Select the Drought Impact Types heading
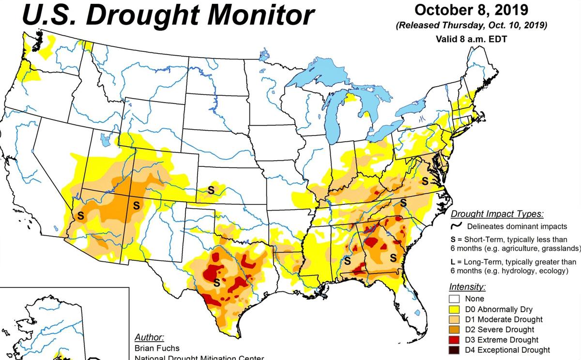coord(497,214)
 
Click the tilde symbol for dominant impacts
coord(455,226)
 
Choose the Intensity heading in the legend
coord(467,287)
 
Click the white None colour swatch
coord(455,299)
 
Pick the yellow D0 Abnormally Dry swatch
coord(455,309)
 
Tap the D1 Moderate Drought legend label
coord(504,319)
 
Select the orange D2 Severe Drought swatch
coord(455,330)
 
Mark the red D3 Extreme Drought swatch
coord(455,340)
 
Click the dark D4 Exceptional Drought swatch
coord(455,350)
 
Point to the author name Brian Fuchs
coord(157,348)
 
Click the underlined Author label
coord(149,337)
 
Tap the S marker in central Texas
coord(217,282)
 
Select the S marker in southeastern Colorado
coord(211,189)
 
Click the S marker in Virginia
coord(425,181)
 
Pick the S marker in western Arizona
coord(80,215)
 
